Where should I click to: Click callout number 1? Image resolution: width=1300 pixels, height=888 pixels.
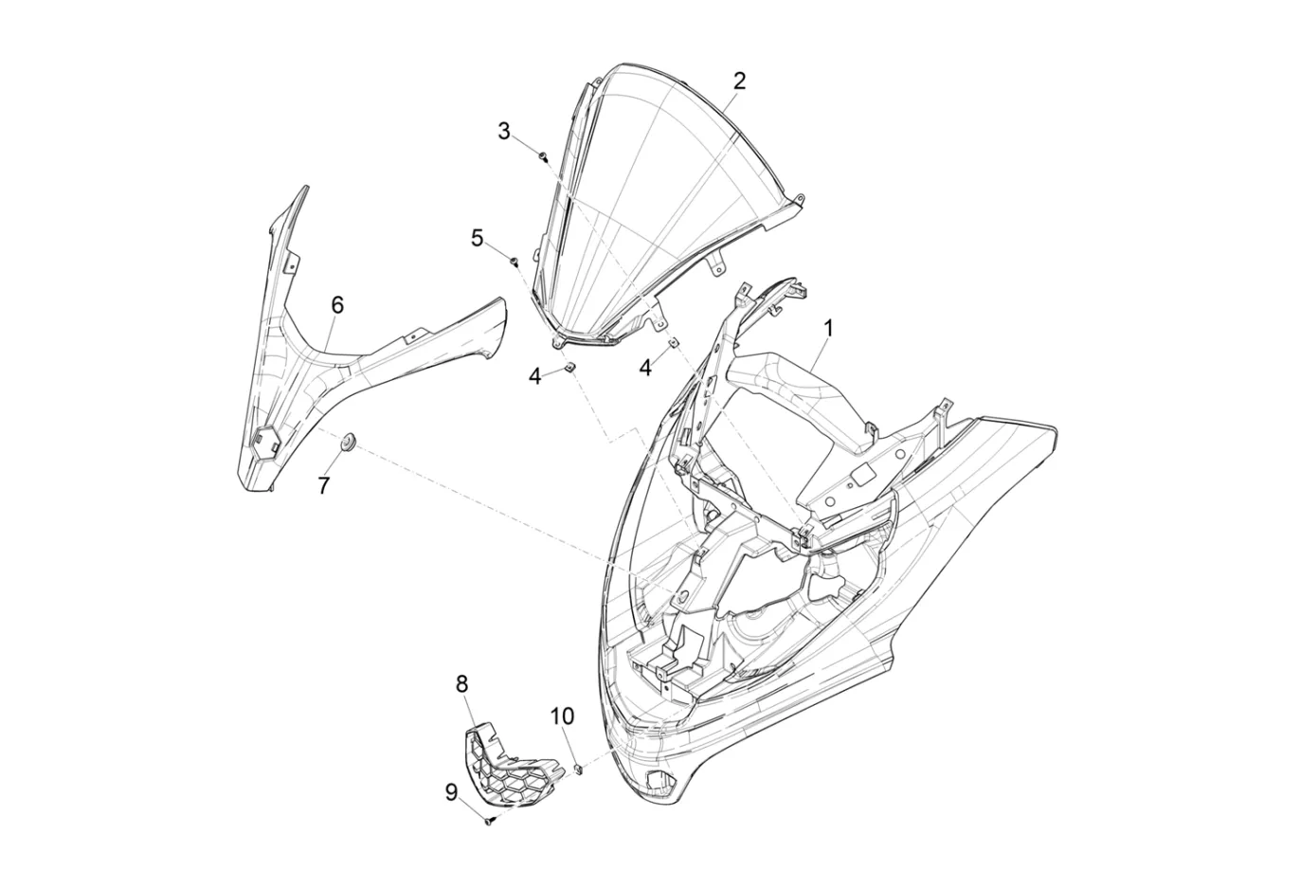(829, 329)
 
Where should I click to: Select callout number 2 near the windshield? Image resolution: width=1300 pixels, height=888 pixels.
(739, 82)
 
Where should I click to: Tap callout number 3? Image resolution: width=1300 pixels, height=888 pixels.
(504, 131)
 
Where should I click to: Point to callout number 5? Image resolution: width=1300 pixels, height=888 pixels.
(477, 238)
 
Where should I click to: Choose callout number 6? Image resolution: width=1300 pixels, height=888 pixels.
(337, 305)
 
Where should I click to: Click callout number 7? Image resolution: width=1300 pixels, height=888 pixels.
(324, 484)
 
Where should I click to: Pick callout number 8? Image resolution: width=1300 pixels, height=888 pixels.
(462, 684)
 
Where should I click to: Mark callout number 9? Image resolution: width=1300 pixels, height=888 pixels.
(452, 792)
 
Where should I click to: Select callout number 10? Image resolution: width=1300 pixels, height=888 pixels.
(563, 716)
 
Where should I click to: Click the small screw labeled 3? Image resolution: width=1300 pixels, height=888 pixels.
(543, 156)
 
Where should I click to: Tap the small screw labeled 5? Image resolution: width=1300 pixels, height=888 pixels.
(515, 263)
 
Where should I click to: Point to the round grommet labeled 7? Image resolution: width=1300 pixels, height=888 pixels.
(348, 442)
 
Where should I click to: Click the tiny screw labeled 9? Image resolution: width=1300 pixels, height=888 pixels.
(489, 821)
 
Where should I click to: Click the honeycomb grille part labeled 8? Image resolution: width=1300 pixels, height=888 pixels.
(510, 765)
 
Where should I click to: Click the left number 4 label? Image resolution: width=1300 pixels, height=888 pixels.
(534, 377)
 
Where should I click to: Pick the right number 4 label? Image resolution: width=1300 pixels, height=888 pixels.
(645, 368)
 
